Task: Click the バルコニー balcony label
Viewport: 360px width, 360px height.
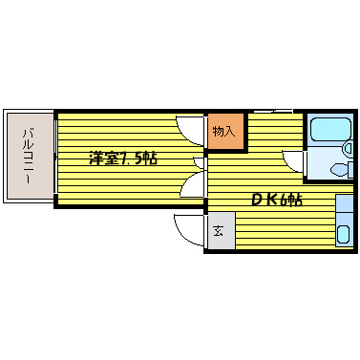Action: [x=28, y=156]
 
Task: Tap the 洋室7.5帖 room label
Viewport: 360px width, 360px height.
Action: [x=123, y=159]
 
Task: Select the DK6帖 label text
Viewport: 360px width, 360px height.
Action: [x=276, y=200]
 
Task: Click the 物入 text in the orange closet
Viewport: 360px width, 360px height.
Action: [x=224, y=131]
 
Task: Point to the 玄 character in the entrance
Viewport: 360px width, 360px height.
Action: [x=218, y=231]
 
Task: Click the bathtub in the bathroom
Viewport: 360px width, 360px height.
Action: [x=330, y=130]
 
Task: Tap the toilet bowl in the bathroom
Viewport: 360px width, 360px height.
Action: [x=339, y=170]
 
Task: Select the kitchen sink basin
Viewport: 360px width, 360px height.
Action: [x=344, y=234]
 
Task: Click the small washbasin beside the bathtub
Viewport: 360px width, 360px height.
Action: [x=349, y=148]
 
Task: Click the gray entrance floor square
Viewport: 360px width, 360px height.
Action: [x=222, y=231]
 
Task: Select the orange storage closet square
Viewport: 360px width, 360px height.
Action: [x=226, y=131]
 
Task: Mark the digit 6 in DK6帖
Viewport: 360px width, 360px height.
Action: [x=284, y=201]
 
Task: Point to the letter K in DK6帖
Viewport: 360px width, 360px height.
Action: [x=271, y=200]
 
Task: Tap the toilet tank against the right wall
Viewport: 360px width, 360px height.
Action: [x=350, y=169]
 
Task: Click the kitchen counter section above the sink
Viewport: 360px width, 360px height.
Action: [x=345, y=203]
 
